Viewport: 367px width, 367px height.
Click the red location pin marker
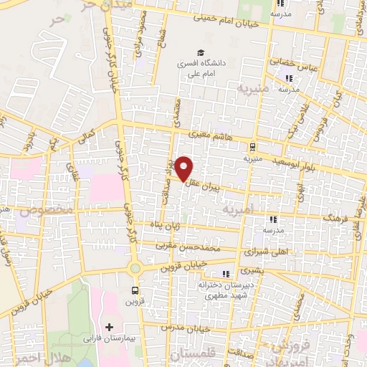tap(184, 168)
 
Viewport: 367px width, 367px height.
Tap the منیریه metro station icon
tap(252, 147)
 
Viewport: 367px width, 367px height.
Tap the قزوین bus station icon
tap(135, 290)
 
